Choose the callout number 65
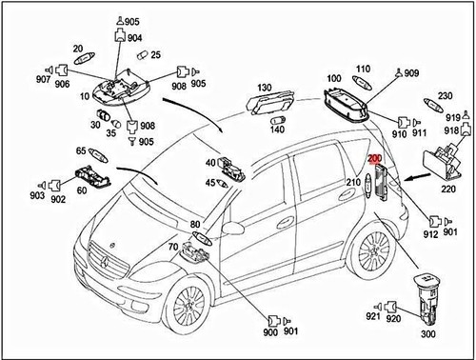click(82, 150)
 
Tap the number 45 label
click(210, 183)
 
